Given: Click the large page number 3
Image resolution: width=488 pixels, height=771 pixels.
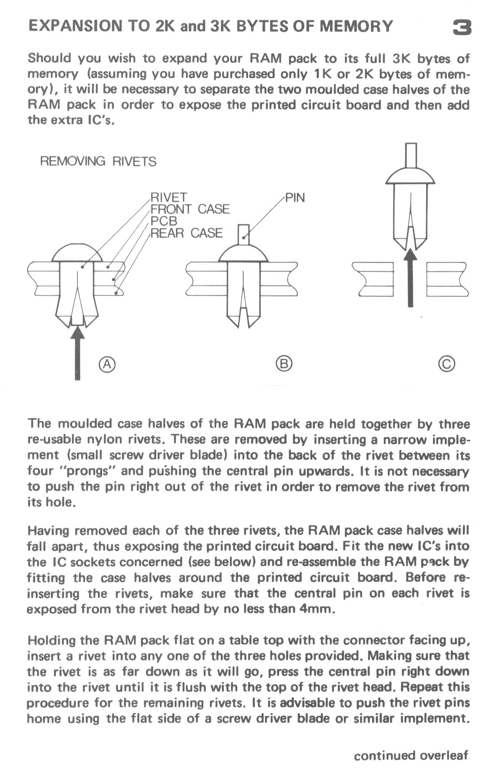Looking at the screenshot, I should [461, 28].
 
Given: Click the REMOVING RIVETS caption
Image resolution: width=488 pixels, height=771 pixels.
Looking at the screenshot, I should [98, 161].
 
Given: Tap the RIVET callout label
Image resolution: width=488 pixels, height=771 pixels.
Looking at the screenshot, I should [168, 197].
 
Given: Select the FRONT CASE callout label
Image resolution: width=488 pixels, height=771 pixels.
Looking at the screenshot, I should [190, 209].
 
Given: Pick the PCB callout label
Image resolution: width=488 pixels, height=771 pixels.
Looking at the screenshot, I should [164, 221].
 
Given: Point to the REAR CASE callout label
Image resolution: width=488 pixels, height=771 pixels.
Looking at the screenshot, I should [186, 233].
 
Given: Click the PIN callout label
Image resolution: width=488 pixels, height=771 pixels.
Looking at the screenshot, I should [295, 197].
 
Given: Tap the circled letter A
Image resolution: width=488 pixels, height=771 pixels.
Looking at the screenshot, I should [107, 364].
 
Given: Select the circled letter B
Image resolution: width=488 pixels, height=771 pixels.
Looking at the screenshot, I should [284, 364].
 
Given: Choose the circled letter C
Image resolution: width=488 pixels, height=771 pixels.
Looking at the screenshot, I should [447, 364].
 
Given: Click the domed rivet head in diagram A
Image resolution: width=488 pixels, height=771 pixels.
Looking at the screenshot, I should [77, 253].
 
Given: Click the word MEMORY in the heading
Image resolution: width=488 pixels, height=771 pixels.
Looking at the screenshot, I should [356, 27].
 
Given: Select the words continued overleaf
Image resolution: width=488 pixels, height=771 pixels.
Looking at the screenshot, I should [411, 755].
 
